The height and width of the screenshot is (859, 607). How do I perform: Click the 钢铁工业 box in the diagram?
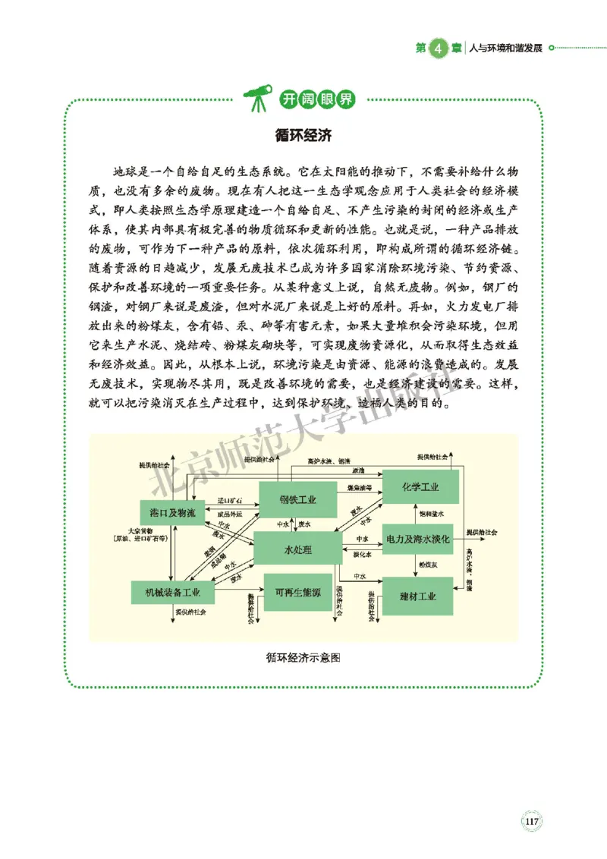[x=297, y=499]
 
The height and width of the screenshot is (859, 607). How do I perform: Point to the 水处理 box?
[x=297, y=549]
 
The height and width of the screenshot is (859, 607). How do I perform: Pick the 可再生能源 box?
[x=297, y=592]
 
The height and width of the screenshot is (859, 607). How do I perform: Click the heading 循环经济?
[x=303, y=136]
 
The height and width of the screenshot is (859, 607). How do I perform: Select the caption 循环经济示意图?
[x=303, y=658]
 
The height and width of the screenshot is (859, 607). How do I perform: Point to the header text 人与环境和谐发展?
[x=505, y=47]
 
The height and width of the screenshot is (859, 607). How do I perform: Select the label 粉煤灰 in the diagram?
[x=426, y=565]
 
